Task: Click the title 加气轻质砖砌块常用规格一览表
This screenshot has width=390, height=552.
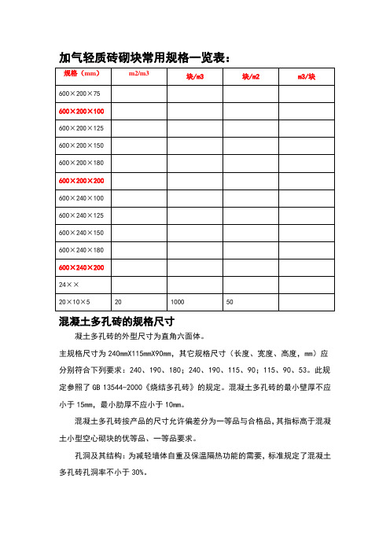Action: [145, 57]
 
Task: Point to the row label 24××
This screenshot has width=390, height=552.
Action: [68, 285]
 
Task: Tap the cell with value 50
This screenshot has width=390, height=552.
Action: [230, 302]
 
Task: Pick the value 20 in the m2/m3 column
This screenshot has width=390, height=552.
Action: [118, 302]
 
